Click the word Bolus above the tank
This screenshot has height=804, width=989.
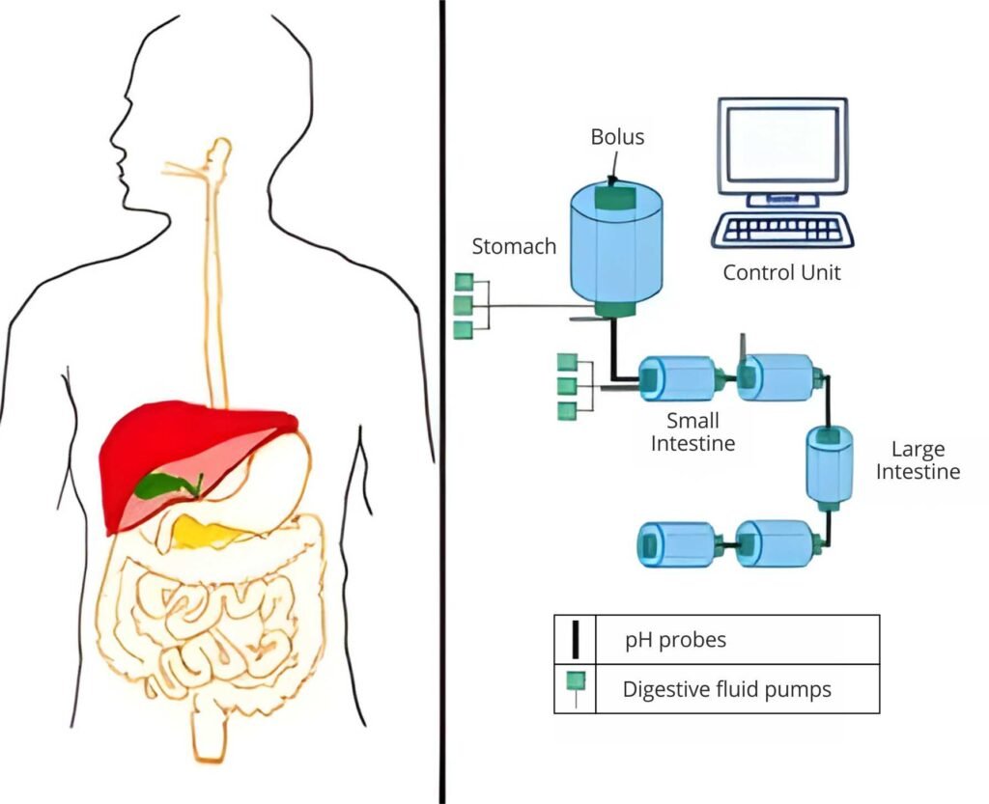click(x=617, y=137)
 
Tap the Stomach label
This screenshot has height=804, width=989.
click(x=514, y=246)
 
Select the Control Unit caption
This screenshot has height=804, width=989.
click(x=781, y=272)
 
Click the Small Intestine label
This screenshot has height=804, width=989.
click(x=692, y=432)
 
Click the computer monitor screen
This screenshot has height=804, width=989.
click(x=781, y=144)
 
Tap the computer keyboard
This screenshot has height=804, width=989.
click(x=782, y=230)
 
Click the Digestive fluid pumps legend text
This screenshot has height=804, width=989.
click(x=726, y=689)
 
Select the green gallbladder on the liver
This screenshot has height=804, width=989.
click(x=167, y=484)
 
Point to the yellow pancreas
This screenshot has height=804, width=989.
click(x=208, y=533)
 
